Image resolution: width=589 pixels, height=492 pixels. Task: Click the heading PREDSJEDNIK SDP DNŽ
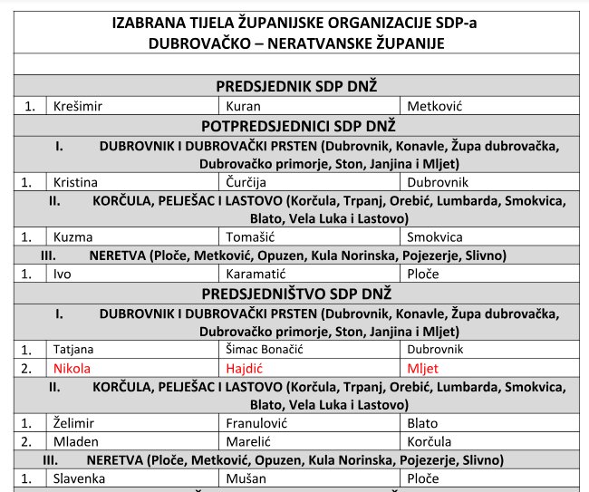point(296,86)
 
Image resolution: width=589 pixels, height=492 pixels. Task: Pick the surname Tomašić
point(249,237)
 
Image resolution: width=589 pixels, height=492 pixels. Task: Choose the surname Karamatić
point(255,274)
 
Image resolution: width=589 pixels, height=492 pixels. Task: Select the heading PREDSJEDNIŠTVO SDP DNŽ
point(296,294)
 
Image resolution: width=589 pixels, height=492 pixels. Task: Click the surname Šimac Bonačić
point(268,349)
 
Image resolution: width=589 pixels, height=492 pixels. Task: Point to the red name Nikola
point(72,368)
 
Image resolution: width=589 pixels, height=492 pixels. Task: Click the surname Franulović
point(256,423)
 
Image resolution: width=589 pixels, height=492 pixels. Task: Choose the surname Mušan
point(246,478)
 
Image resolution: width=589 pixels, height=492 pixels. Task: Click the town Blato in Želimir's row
point(423,423)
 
